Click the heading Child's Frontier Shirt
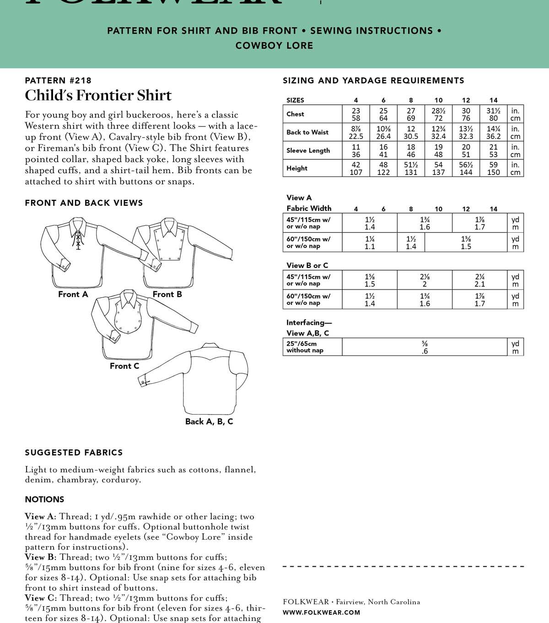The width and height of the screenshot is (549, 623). coord(98,95)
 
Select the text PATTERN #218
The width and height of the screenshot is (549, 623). coord(58,81)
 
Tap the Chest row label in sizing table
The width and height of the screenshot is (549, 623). coord(295,114)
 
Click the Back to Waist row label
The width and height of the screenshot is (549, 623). coord(307,132)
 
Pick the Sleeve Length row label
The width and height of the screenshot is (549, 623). coord(308,150)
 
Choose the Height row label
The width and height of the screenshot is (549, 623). coord(297,168)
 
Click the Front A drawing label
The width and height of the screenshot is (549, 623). coord(73,295)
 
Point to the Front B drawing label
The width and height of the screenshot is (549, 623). coord(167,295)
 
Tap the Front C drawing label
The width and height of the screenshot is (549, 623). coord(124,366)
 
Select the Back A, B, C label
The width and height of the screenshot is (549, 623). coord(209,421)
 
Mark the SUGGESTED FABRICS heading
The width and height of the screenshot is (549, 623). coord(74,453)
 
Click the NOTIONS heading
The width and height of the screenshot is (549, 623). coord(44,499)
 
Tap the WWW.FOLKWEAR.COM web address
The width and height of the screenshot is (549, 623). coord(321,612)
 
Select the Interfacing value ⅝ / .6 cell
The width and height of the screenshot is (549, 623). coord(425,347)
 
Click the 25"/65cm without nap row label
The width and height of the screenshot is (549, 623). coord(305,347)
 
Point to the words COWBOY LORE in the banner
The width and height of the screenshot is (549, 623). coord(274,45)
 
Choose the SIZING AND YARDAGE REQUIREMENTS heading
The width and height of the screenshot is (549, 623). coord(373,81)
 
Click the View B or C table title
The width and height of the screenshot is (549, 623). coord(307,266)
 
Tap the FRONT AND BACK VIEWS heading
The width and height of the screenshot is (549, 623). coord(84,203)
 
